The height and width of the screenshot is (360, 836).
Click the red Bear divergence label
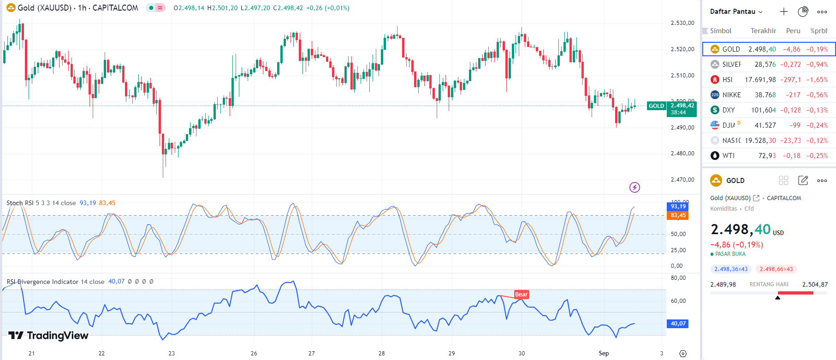click(x=521, y=295)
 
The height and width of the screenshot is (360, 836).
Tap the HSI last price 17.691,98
click(x=760, y=80)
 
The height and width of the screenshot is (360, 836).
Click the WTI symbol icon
click(x=715, y=156)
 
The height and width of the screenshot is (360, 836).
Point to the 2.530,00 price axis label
click(x=682, y=23)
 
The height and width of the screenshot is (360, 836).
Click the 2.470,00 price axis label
click(x=682, y=180)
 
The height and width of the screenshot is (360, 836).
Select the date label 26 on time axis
click(x=254, y=354)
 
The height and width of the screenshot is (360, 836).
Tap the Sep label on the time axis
click(x=604, y=354)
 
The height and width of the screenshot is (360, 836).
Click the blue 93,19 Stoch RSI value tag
click(x=677, y=207)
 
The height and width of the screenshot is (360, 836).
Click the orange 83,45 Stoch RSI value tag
click(x=677, y=215)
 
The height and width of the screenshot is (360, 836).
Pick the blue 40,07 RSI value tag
click(x=678, y=324)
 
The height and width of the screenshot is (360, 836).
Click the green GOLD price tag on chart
click(x=656, y=106)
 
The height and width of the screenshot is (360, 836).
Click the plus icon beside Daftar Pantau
click(x=784, y=12)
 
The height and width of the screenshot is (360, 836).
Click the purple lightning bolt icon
click(x=634, y=187)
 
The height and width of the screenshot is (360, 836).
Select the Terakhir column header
click(x=763, y=31)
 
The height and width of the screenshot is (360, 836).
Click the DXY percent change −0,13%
click(x=817, y=110)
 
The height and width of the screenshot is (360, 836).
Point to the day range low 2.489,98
click(x=723, y=284)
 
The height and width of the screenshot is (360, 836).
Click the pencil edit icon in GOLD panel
click(x=803, y=181)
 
